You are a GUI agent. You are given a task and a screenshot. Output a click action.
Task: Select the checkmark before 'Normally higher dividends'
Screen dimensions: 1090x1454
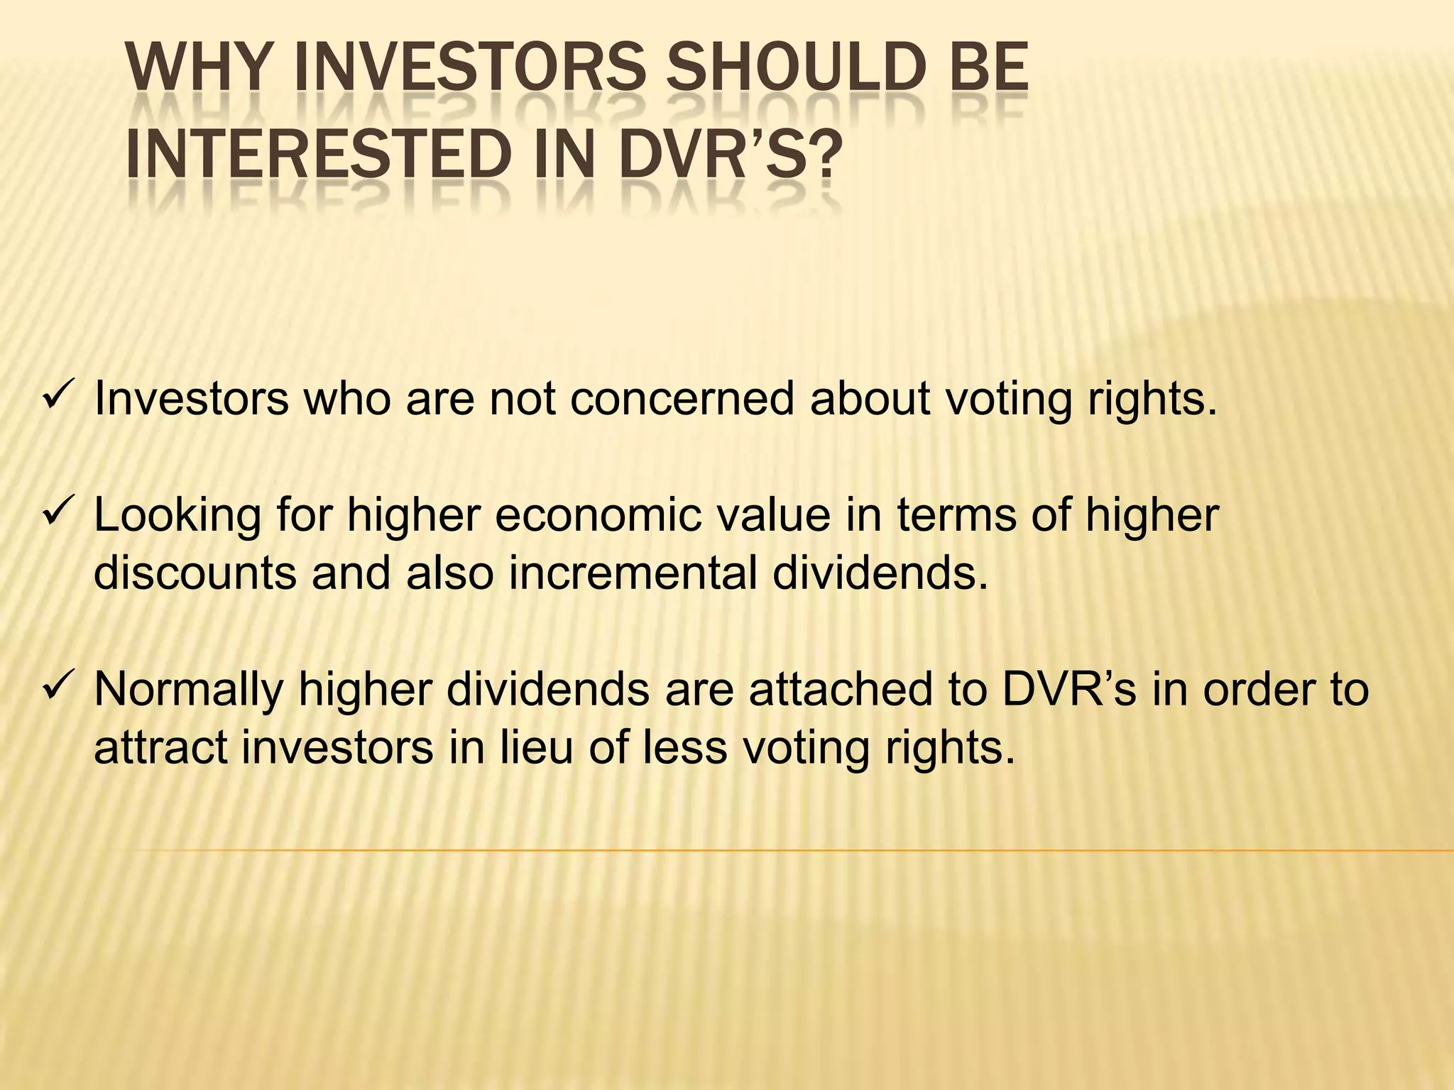click(55, 687)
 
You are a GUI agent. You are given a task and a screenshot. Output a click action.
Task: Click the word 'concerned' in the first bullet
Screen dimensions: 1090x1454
click(682, 399)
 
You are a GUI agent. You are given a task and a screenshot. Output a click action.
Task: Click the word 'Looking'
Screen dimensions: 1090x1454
click(177, 515)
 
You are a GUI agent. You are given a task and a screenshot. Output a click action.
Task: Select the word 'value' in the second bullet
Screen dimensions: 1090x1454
click(774, 515)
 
